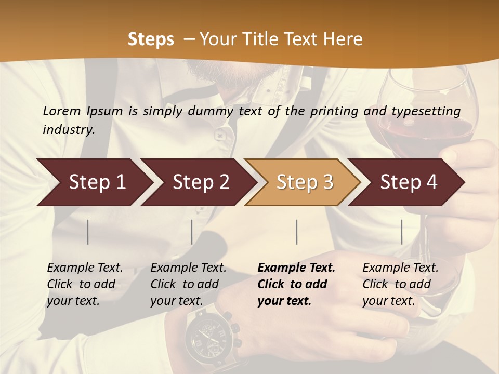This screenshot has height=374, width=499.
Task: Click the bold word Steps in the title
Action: pos(151,39)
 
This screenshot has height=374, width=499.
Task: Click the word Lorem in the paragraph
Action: pos(62,111)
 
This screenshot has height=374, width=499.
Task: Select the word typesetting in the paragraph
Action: pos(425,111)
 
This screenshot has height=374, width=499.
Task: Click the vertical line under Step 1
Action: pos(88,232)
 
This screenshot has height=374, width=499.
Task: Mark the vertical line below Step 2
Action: pos(192,232)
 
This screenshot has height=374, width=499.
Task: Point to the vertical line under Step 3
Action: pos(296,232)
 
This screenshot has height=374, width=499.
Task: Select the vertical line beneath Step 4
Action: pos(401,232)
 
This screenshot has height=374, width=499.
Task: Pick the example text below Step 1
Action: pos(85,284)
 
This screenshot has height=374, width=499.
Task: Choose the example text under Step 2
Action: pos(188,284)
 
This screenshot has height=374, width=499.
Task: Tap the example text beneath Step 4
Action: pos(400,284)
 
